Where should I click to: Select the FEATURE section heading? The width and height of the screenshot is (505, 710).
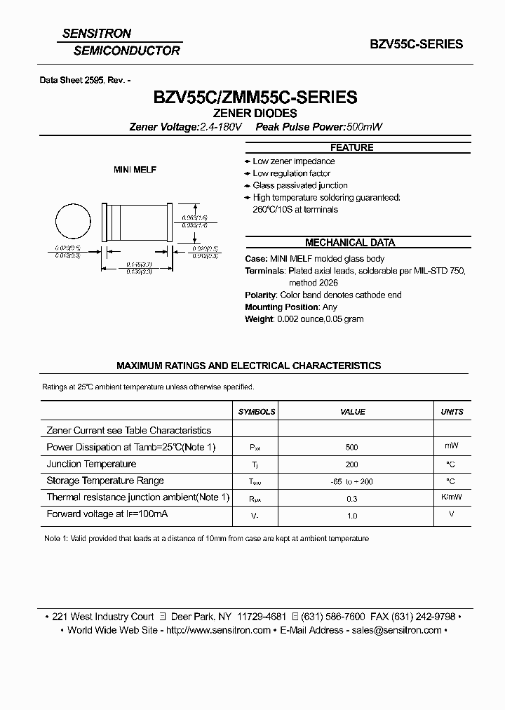tap(351, 147)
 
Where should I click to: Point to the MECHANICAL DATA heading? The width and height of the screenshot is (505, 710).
tap(351, 243)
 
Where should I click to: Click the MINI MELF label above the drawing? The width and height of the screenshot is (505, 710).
tap(135, 170)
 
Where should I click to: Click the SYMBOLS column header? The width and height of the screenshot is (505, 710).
tap(256, 412)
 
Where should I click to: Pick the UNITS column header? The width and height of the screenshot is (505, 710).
tap(451, 412)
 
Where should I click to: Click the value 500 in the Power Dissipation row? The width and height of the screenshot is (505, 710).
tap(351, 447)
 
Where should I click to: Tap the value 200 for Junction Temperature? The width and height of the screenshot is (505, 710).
tap(351, 464)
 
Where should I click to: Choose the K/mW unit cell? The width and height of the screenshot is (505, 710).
tap(451, 497)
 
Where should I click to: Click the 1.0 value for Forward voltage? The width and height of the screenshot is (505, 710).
tap(351, 516)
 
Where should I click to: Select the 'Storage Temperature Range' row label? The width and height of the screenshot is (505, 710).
tap(105, 481)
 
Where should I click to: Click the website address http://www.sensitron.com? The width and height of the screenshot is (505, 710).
tap(220, 630)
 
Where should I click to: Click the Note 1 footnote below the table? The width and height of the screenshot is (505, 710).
tap(206, 538)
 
